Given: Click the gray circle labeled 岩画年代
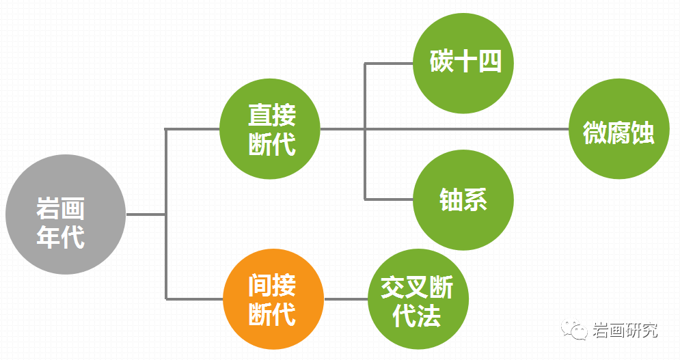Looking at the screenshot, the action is pos(66,214).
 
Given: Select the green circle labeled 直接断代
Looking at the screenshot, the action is pos(270,129).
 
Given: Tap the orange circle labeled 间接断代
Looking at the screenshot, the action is pos(273,299).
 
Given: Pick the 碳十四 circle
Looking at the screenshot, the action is pos(463,64).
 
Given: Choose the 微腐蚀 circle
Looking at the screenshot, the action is pos(619,129).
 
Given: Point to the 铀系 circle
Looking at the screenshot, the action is pos(463,200).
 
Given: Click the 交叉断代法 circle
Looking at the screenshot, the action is pos(418,299).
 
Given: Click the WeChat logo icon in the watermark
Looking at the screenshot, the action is pos(575,330).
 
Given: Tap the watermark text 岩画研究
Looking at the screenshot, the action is pos(625,331).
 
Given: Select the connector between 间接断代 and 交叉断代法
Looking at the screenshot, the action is pos(346,299).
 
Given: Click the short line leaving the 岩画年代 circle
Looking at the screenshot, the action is pos(146,214).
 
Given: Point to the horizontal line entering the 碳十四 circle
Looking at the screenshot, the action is pos(389,64).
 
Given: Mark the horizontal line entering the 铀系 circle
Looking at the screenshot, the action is pos(389,199).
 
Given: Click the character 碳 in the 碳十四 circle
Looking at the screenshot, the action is pos(442,61).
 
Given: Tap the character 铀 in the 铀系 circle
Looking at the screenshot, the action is pos(451,199).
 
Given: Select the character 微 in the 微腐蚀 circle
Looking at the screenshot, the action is pos(595,133).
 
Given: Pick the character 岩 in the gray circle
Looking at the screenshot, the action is pos(48,208).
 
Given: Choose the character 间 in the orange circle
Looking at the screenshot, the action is pos(260,285).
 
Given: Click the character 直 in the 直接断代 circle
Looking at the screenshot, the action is pos(260,115).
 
